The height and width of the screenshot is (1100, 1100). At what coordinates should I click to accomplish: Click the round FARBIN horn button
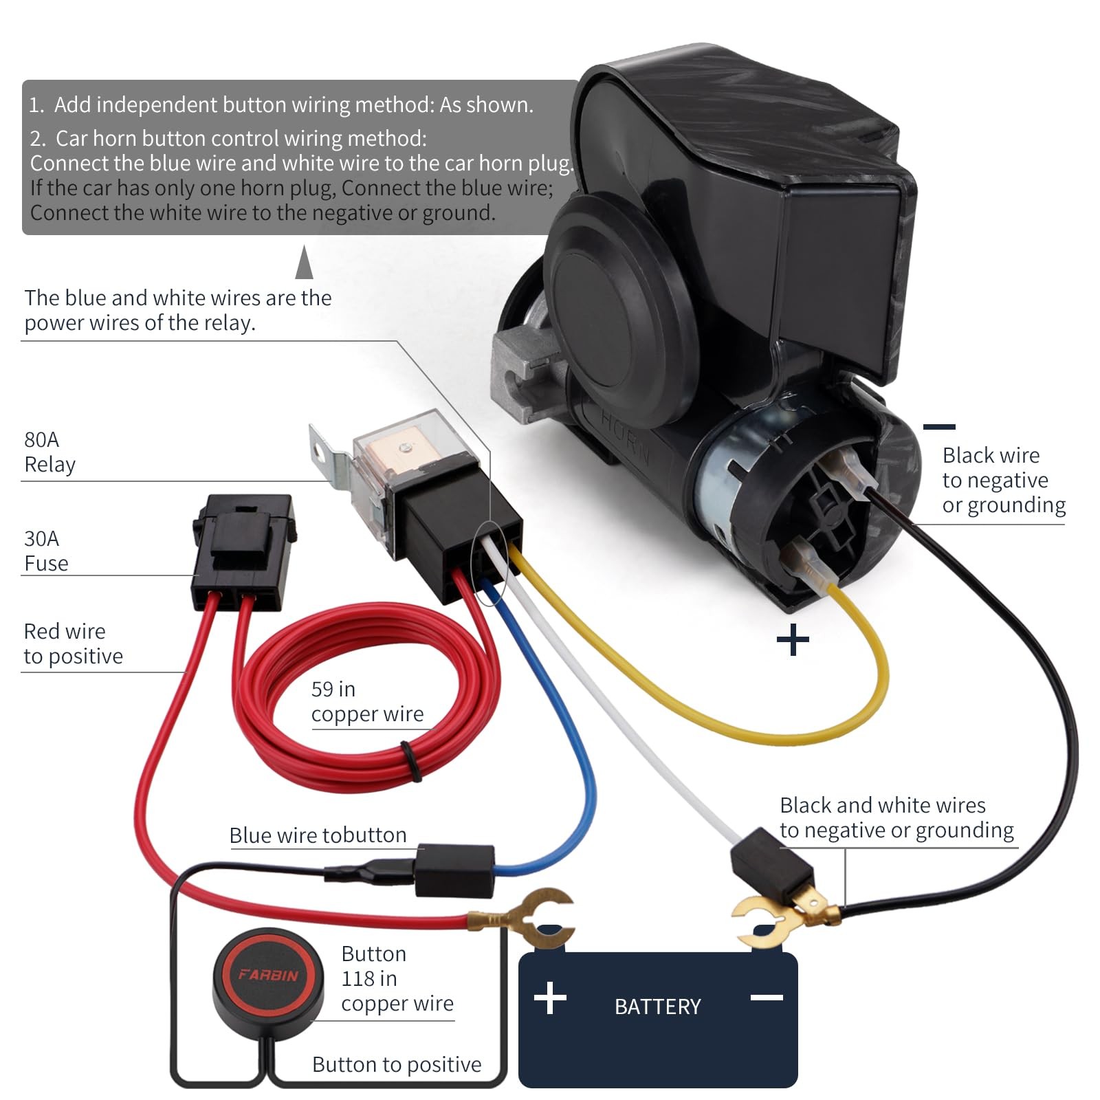point(267,976)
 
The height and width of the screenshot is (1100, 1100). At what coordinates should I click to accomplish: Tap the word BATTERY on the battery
point(657,1006)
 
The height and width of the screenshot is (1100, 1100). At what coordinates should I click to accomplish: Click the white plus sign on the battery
point(550,998)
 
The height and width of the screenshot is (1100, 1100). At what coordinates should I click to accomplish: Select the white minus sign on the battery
point(767,997)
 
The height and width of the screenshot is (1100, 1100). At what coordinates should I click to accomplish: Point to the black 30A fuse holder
point(244,550)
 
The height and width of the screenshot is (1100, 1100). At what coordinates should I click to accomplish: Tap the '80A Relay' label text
point(49,452)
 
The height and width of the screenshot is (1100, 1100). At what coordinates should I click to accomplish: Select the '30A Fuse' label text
point(46,551)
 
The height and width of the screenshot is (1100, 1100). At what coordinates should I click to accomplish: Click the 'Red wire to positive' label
point(73,643)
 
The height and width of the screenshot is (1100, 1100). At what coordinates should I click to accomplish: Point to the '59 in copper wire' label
point(367,701)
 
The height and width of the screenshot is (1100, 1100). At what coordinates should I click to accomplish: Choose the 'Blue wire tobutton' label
point(318,835)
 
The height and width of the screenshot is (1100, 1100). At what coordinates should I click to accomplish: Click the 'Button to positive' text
point(397,1064)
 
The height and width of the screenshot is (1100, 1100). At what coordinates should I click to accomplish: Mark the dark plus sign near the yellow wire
point(793,640)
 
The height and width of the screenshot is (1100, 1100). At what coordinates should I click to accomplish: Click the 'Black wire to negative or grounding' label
point(1003,480)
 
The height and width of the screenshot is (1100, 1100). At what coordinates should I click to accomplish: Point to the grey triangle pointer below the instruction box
point(304,264)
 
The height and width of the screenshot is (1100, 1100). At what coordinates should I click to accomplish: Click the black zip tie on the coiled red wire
point(411,760)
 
